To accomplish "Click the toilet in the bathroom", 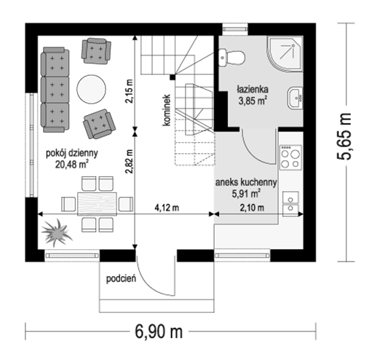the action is [x=231, y=58].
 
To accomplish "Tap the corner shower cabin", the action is [x=285, y=54].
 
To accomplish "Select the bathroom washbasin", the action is [x=295, y=98].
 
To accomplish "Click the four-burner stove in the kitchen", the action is [x=290, y=157].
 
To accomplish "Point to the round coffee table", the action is [x=91, y=89].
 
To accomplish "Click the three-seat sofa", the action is [x=55, y=90].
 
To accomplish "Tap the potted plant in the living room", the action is [x=57, y=232].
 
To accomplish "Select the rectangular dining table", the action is [x=97, y=204].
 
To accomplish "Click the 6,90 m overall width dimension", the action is [x=159, y=332].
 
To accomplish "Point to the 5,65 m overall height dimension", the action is [x=344, y=136].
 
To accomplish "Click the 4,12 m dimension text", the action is [x=167, y=208].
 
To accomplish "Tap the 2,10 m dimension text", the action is [x=252, y=208].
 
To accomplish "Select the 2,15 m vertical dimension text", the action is [x=129, y=91].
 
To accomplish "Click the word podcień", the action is [x=121, y=279].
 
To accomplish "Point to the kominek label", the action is [x=167, y=110].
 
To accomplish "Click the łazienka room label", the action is [x=253, y=90].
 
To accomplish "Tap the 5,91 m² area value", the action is [x=246, y=194].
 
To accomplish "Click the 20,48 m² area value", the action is [x=71, y=165].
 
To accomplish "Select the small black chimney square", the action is [x=172, y=77].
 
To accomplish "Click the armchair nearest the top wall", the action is [x=96, y=51].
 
